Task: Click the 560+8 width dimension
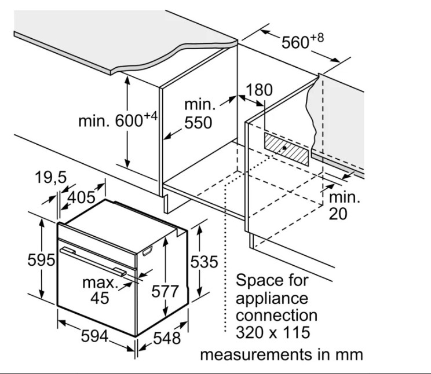[x=302, y=42]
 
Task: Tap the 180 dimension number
[x=259, y=90]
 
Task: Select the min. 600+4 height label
[x=118, y=120]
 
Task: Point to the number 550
[x=198, y=123]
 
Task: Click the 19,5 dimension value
[x=51, y=177]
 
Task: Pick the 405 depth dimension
[x=81, y=197]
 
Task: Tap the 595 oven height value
[x=41, y=260]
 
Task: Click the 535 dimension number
[x=204, y=262]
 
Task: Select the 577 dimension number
[x=165, y=291]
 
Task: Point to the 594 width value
[x=94, y=336]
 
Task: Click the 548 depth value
[x=167, y=338]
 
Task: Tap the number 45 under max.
[x=100, y=298]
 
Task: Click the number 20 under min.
[x=338, y=214]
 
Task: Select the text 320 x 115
[x=273, y=332]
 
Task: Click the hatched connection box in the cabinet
[x=286, y=149]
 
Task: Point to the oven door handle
[x=93, y=261]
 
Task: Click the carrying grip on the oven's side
[x=147, y=251]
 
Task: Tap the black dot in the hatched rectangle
[x=284, y=148]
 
